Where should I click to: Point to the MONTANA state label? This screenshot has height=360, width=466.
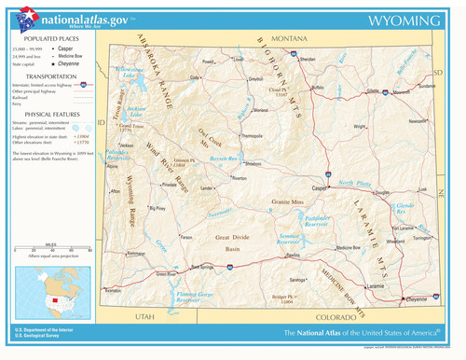[289, 39]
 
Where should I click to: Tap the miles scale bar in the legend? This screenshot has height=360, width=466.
[50, 253]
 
